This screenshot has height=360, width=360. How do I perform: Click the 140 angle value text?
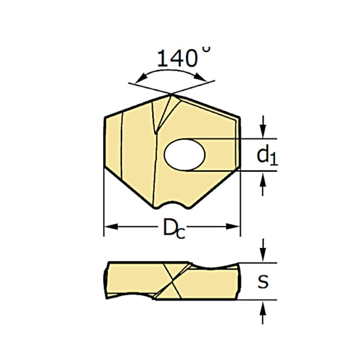click(x=177, y=58)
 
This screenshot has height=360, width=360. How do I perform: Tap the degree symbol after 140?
click(x=207, y=50)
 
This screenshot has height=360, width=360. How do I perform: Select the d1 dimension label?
click(x=268, y=156)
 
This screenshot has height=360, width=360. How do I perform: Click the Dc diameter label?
click(x=174, y=228)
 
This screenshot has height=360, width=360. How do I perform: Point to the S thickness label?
click(x=263, y=281)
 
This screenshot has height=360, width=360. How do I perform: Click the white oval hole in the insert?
click(x=184, y=155)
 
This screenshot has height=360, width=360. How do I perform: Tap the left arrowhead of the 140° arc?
click(x=141, y=79)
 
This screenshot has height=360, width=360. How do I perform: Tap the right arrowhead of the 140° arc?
click(x=200, y=77)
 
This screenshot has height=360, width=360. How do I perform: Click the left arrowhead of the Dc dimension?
click(x=111, y=227)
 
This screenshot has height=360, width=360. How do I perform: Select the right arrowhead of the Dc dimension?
click(x=233, y=227)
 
